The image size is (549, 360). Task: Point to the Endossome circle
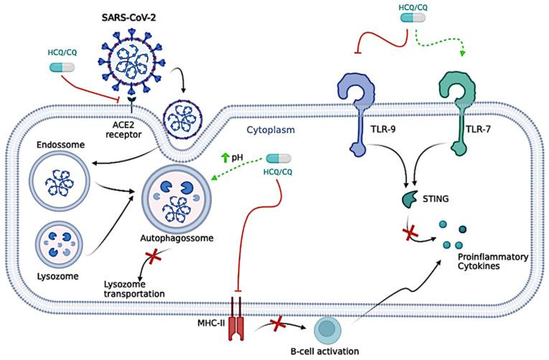tap(57, 181)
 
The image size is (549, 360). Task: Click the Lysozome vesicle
tap(55, 242)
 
